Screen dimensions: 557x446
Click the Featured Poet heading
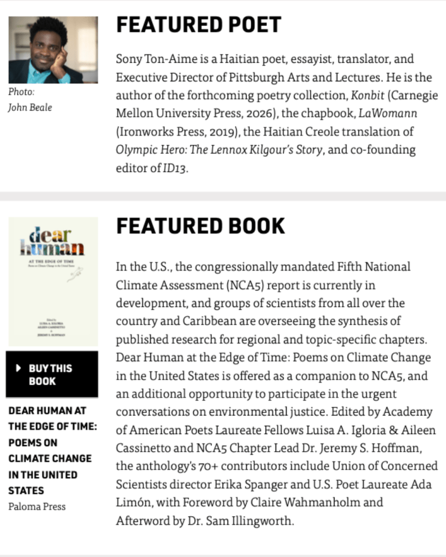point(198,25)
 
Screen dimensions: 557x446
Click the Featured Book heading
point(200,226)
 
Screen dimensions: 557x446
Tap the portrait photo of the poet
point(53,50)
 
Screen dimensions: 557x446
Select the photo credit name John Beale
point(30,107)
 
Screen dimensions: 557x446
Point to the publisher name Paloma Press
point(37,506)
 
